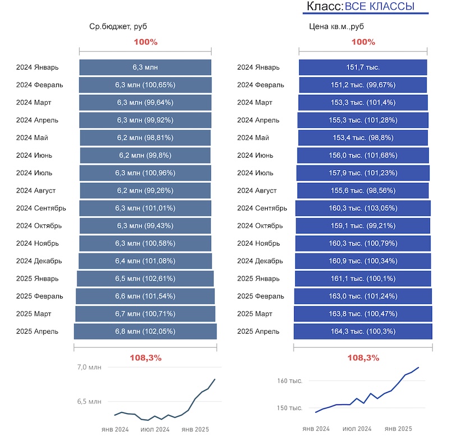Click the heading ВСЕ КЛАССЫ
[379, 7]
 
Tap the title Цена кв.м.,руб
[337, 26]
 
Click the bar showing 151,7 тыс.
[363, 67]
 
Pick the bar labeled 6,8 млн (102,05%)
[145, 332]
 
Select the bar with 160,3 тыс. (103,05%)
[363, 208]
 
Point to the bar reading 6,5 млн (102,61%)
[145, 278]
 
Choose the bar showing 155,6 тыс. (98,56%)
[363, 191]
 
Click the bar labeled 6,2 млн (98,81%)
[145, 138]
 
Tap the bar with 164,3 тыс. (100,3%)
[363, 332]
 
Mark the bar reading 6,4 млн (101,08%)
[145, 261]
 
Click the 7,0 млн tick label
[89, 367]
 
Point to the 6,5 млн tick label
[89, 402]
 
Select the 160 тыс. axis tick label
[290, 381]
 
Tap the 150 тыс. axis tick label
[290, 408]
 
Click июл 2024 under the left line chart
[155, 429]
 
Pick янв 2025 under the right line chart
[398, 429]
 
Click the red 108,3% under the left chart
[145, 358]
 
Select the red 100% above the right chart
[363, 42]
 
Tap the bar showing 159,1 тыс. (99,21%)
[363, 226]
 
